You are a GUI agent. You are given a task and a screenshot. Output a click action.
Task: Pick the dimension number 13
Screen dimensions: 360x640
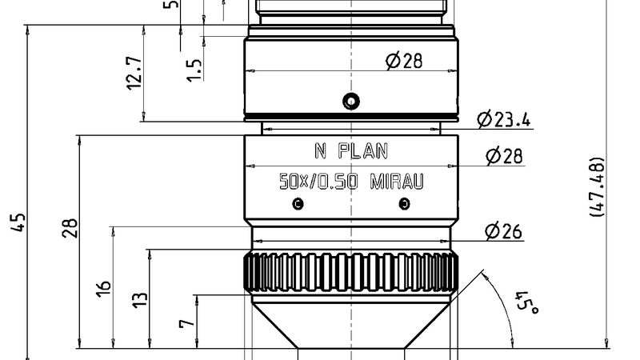coord(140,299)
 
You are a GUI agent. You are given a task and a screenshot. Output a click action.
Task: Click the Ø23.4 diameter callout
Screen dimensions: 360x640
coord(504,120)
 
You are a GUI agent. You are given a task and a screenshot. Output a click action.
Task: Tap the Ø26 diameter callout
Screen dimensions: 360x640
coord(502,232)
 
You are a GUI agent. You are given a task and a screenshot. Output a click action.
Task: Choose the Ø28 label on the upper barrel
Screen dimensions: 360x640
coord(403,61)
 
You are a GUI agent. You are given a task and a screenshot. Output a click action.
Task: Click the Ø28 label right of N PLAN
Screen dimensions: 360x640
coord(504,156)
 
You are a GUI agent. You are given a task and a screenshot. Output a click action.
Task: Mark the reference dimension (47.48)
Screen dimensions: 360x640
coord(596,186)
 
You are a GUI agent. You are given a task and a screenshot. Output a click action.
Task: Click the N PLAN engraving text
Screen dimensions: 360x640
coord(350,150)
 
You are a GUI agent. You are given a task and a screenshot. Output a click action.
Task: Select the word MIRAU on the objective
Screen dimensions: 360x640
coord(397,182)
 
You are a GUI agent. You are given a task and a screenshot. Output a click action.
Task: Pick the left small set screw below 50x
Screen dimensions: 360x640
coord(298,204)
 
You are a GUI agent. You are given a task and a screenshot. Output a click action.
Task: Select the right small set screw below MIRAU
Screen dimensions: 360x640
coord(404,204)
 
